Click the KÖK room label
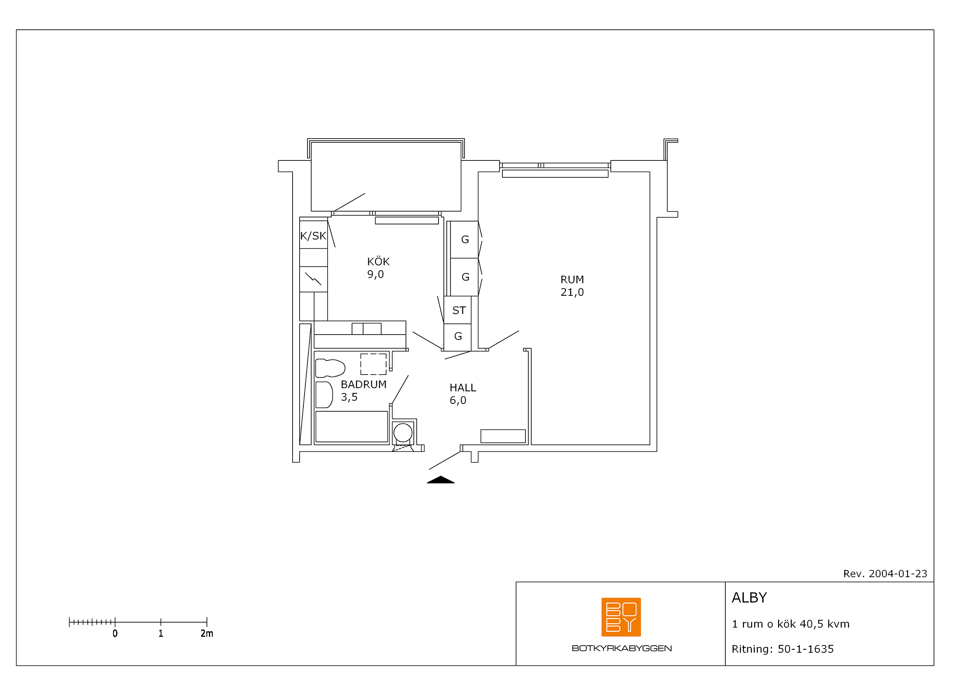point(378,262)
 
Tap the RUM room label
point(572,280)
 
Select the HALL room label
point(463,388)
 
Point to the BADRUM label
point(364,385)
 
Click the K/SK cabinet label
point(313,236)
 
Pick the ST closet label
point(459,311)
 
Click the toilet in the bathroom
point(330,368)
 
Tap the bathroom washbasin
point(324,395)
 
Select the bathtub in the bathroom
point(352,427)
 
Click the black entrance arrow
point(441,480)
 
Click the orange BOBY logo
point(621,617)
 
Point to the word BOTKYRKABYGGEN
point(622,649)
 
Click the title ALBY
point(749,597)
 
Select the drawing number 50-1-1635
point(806,649)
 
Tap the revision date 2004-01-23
point(898,574)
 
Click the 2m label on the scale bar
point(206,634)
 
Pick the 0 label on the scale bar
point(115,634)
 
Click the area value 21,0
point(572,293)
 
